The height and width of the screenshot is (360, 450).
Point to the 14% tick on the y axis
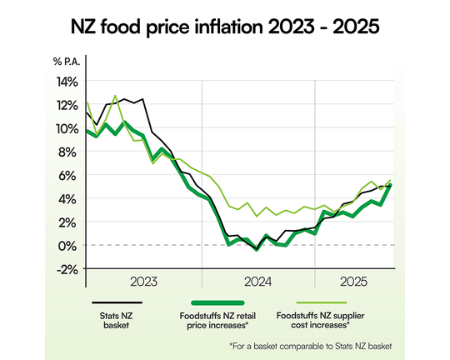(x=67, y=82)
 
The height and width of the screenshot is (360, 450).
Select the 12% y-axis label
(x=67, y=105)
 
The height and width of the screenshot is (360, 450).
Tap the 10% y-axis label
(x=67, y=128)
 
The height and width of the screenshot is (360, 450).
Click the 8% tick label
(x=69, y=152)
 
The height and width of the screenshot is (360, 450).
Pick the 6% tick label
(x=69, y=175)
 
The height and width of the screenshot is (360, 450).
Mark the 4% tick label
(x=69, y=198)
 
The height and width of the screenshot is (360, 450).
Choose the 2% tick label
(x=69, y=222)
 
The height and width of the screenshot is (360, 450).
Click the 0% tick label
(x=69, y=245)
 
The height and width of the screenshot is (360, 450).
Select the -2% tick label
(x=67, y=268)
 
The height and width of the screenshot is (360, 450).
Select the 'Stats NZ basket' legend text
(x=114, y=321)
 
